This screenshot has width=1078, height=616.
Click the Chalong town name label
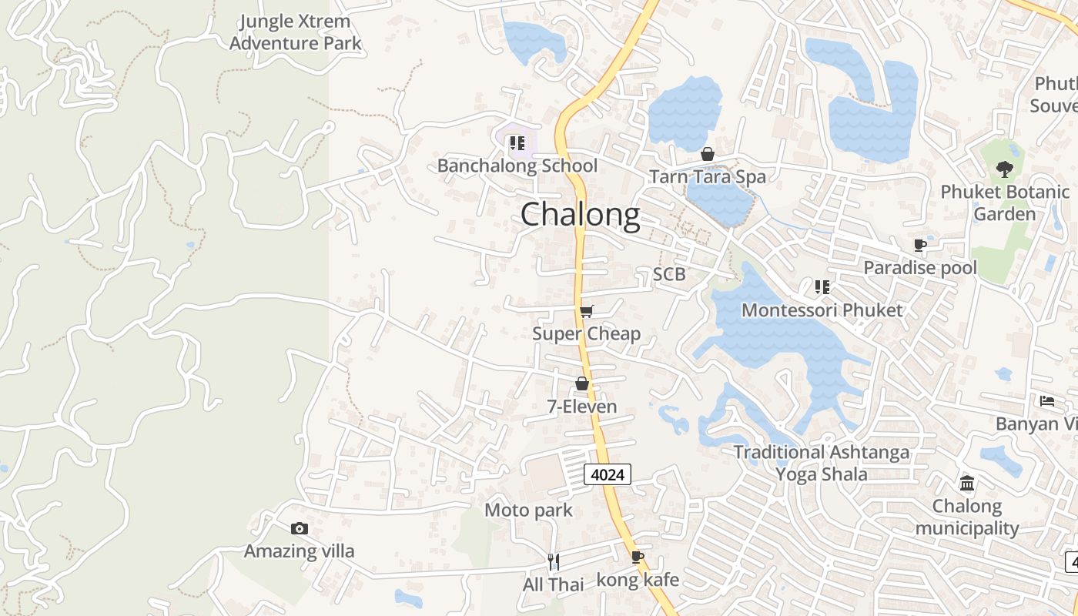tap(580, 215)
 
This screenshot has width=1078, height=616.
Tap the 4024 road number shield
tap(608, 474)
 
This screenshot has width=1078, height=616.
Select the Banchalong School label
tap(517, 166)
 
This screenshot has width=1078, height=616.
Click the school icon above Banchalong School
tap(517, 143)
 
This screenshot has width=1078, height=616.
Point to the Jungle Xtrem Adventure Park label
tap(295, 32)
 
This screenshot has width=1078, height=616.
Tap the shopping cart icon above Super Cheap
tap(587, 311)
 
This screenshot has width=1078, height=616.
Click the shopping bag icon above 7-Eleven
tap(582, 383)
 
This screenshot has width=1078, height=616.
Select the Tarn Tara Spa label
tap(708, 176)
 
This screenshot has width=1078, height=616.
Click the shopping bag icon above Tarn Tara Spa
tap(708, 155)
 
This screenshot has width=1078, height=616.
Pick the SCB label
tap(668, 274)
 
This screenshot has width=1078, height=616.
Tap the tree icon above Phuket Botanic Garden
tap(1004, 169)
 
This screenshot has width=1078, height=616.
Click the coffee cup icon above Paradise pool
tap(919, 246)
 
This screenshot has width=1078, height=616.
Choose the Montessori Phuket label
tap(822, 310)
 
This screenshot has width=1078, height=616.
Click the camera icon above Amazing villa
tap(300, 528)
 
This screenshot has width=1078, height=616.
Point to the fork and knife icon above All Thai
tap(553, 561)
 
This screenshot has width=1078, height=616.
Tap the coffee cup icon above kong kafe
tap(638, 557)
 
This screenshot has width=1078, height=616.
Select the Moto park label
tap(528, 510)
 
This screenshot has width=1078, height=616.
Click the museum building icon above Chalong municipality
tap(967, 484)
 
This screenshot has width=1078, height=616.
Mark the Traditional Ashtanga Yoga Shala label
tap(821, 463)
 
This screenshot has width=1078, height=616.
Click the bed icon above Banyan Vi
tap(1047, 401)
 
